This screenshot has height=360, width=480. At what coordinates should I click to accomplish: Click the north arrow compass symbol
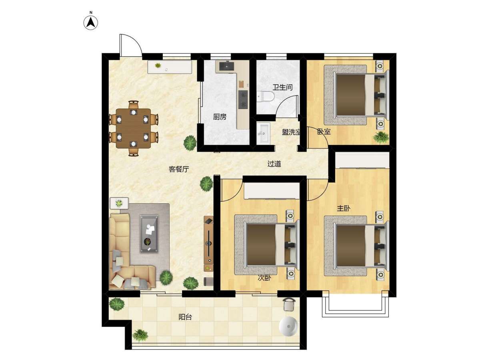tap(91, 23)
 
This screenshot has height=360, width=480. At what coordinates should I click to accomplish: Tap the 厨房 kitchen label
tap(220, 117)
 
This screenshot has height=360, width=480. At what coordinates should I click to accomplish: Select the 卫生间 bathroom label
tap(282, 87)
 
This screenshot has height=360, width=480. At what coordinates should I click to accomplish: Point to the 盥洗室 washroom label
tap(291, 132)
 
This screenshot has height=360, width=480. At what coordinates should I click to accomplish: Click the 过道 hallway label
tap(274, 164)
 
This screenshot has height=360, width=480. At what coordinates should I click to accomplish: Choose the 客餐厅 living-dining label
tap(179, 169)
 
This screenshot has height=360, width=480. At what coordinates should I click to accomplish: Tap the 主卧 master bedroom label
tap(343, 208)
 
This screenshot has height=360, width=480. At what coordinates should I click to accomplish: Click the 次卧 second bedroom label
tap(264, 278)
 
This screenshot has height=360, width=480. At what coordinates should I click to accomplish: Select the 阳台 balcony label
tap(185, 317)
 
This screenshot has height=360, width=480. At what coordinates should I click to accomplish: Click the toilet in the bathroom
tap(265, 97)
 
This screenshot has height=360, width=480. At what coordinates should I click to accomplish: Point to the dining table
tap(133, 128)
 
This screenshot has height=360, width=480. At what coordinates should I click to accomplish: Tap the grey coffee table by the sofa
tap(149, 234)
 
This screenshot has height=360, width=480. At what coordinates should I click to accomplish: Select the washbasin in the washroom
tap(263, 133)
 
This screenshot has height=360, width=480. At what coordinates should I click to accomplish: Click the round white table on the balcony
tap(288, 326)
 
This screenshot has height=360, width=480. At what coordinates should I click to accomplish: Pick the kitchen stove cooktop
tap(243, 100)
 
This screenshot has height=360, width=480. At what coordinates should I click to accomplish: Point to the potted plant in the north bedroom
tap(381, 138)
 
